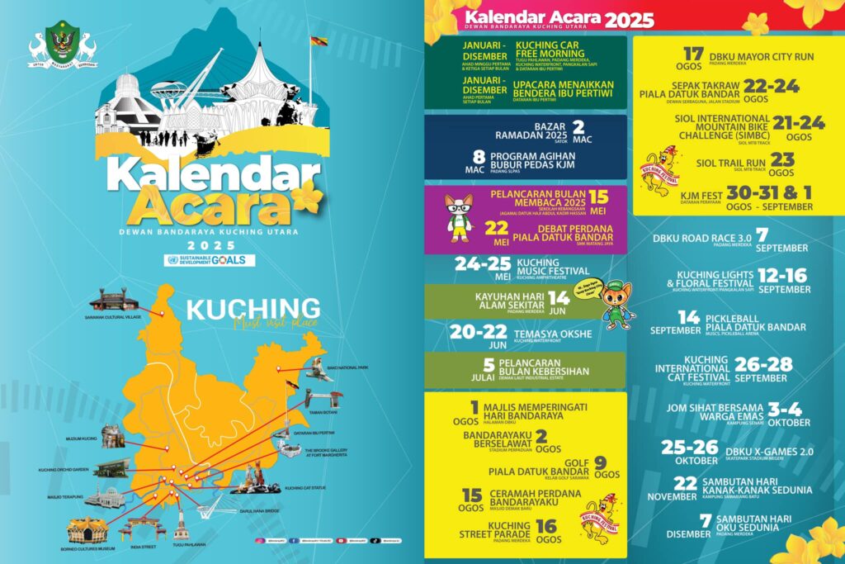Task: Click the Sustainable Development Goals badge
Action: (x=210, y=260)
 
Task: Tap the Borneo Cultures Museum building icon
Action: (x=87, y=528)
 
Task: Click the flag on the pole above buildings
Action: (x=319, y=41)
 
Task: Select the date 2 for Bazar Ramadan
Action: (x=578, y=126)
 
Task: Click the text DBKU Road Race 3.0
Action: (x=697, y=238)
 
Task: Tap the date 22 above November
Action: (x=686, y=483)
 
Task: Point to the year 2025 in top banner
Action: (x=629, y=20)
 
